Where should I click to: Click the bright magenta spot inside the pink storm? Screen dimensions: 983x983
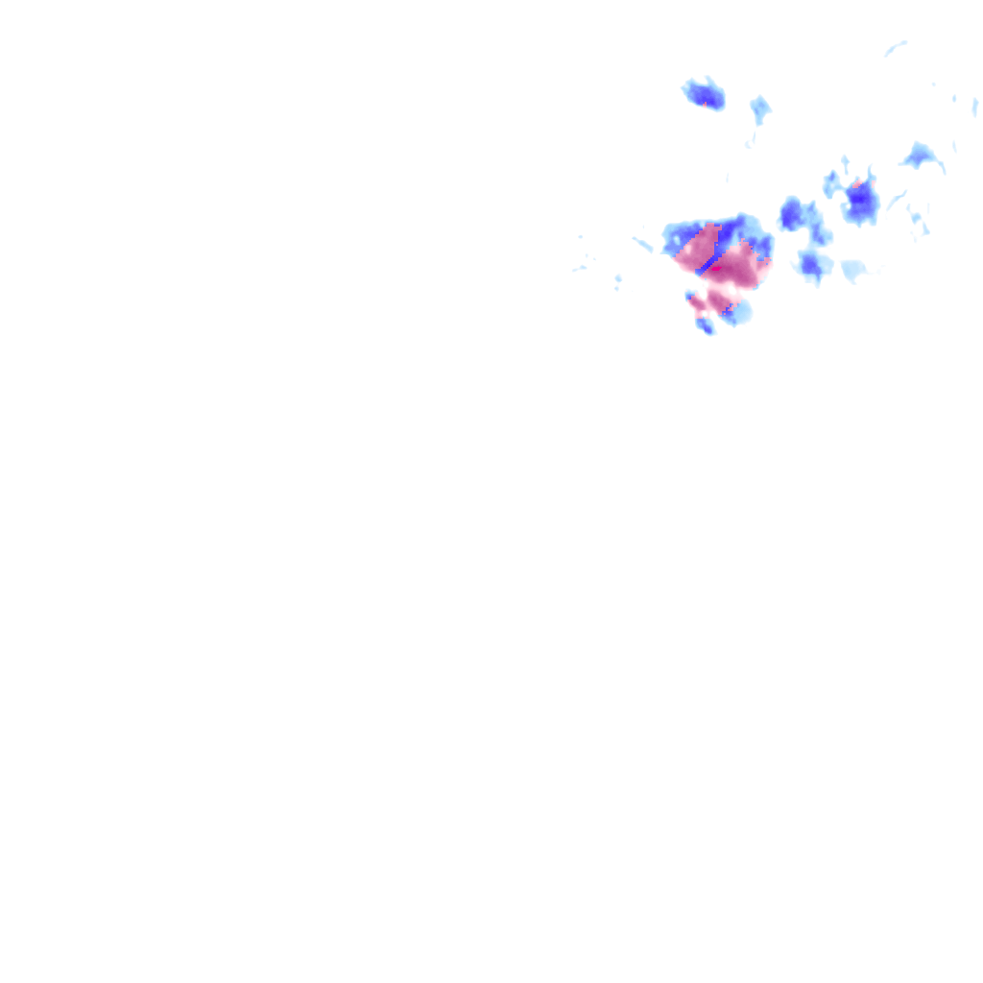(715, 269)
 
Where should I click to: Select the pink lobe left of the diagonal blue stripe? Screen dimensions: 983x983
(693, 252)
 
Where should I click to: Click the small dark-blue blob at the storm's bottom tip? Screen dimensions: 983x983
(706, 326)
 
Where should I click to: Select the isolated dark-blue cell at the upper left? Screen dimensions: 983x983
(705, 94)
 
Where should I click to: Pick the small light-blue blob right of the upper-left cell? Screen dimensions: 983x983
(760, 108)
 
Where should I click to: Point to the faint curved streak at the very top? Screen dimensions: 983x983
(896, 47)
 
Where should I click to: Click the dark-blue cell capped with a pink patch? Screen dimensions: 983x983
(860, 202)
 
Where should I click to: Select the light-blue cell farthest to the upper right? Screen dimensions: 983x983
(922, 155)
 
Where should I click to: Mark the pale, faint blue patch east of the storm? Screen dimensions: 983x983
(852, 270)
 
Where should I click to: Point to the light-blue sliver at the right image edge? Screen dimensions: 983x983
(974, 106)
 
